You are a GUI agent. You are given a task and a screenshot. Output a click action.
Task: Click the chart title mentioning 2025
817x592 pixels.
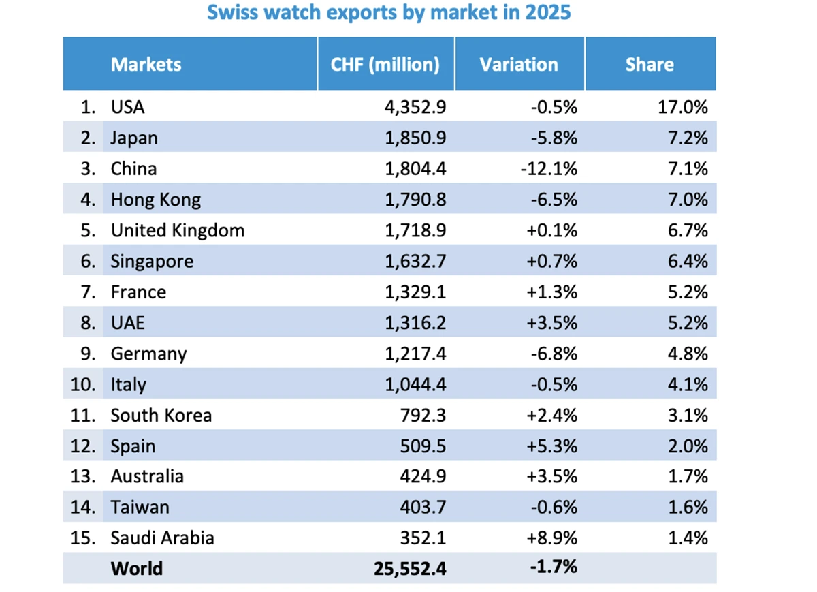coord(389,13)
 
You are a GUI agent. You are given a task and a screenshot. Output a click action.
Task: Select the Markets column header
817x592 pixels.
coord(146,65)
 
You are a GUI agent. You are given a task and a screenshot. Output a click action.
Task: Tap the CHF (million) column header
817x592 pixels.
coord(385,65)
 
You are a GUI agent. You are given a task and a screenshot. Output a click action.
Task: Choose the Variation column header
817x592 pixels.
coord(519,65)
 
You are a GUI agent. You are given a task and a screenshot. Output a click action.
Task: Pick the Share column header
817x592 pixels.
coord(650,65)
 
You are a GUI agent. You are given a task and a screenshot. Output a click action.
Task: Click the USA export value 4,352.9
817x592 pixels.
coord(415,107)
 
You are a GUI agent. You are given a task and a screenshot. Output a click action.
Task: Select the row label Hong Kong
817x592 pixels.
coord(156,200)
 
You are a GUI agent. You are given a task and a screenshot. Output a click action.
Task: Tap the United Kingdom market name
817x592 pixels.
coord(178,230)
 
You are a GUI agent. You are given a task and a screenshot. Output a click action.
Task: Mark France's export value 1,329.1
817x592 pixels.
coord(415,292)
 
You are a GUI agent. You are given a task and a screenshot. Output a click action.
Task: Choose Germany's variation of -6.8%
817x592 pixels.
coord(551,354)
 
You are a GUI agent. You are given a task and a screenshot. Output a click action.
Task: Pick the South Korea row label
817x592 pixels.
coord(161,416)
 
